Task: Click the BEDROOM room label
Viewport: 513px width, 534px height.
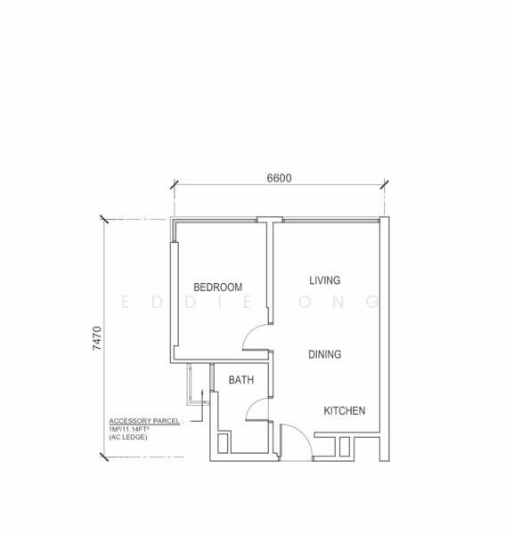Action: coord(218,287)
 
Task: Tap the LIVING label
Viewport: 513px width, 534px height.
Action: coord(325,280)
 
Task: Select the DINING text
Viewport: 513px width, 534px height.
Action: coord(325,354)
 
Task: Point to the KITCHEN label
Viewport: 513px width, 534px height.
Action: coord(345,410)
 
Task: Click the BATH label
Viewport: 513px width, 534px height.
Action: coord(241,380)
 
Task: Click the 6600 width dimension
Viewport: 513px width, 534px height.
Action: coord(279,178)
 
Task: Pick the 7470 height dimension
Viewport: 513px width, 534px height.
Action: coord(97,338)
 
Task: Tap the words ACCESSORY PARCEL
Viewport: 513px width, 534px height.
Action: coord(144,421)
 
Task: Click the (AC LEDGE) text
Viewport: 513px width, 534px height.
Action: coord(128,437)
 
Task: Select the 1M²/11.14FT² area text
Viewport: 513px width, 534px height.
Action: coord(129,429)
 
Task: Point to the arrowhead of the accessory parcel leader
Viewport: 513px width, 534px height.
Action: coord(202,392)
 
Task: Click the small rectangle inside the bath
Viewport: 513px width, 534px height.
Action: coord(223,443)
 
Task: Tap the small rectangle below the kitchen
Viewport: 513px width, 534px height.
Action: coord(345,447)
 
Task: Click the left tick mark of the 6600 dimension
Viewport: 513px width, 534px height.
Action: coord(175,184)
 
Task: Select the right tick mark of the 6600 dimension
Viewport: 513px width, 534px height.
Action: coord(385,184)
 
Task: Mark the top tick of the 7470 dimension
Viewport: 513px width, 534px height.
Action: coord(104,219)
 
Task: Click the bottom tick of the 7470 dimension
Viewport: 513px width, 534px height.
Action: coord(104,457)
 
